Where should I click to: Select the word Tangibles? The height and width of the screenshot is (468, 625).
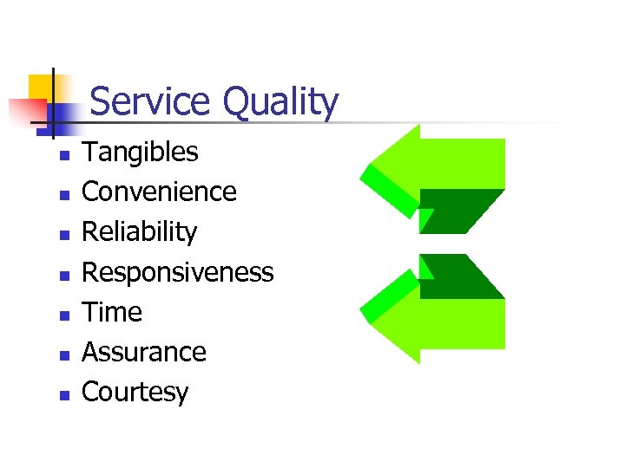click(140, 153)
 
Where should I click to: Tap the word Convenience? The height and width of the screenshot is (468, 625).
click(159, 192)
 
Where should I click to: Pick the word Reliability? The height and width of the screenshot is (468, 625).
click(139, 232)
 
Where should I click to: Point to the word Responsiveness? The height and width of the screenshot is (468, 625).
click(177, 272)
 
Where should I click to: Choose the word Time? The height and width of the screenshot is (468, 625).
click(111, 312)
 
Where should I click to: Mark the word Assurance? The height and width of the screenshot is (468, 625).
click(143, 352)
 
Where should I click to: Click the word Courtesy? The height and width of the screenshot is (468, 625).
click(135, 393)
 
